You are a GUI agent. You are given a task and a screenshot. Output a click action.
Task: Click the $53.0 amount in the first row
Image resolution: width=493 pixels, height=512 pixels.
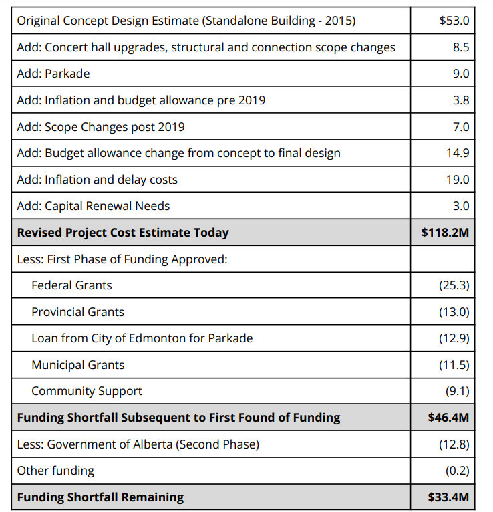454,21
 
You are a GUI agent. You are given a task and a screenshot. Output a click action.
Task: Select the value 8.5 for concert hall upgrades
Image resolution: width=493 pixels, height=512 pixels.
461,47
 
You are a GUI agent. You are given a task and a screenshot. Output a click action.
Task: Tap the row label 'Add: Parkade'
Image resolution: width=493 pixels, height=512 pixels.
53,74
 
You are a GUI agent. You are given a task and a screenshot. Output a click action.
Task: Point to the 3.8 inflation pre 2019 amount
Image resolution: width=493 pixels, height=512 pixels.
461,100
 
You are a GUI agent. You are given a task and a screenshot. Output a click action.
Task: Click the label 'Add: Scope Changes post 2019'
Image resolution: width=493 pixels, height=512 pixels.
101,126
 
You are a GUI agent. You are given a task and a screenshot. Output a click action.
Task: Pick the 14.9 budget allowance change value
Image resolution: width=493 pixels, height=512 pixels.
458,153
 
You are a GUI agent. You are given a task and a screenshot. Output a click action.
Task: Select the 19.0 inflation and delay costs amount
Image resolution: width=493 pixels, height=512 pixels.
458,180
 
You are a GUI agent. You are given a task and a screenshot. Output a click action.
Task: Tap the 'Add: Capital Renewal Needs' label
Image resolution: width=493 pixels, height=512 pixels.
94,206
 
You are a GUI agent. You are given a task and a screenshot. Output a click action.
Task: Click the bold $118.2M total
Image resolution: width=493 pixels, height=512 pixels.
445,233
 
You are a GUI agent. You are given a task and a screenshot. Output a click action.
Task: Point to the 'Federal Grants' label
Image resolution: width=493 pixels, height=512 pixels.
71,285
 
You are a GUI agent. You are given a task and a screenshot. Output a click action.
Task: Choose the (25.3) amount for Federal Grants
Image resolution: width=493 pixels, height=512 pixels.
454,285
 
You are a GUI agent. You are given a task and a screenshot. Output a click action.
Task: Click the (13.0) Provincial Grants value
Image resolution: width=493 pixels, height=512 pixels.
454,312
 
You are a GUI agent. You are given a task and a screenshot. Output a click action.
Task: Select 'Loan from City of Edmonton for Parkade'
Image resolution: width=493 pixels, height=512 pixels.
142,338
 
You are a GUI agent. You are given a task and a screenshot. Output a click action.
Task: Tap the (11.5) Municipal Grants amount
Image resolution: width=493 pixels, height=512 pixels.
454,365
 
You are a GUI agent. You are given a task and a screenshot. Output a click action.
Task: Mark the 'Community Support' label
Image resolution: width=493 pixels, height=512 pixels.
87,391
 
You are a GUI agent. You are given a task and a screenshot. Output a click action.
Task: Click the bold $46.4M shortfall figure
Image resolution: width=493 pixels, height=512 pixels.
448,418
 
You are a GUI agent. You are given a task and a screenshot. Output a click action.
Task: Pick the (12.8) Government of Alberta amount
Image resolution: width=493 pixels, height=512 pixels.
454,444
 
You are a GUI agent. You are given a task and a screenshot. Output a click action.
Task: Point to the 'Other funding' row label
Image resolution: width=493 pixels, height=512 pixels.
55,471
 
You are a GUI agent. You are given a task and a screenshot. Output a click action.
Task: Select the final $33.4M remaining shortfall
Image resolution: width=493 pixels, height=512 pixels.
448,497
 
